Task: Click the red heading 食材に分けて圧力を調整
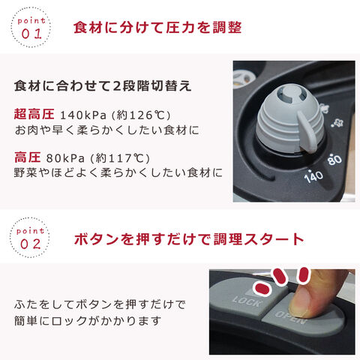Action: [x=157, y=28]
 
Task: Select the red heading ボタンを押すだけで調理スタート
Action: [x=189, y=239]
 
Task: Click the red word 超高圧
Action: [x=34, y=114]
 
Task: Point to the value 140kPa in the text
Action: [x=83, y=115]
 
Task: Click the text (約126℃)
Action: [x=141, y=115]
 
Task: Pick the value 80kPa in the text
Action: [x=65, y=158]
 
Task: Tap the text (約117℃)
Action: [x=120, y=158]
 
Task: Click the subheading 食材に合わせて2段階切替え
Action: [x=103, y=86]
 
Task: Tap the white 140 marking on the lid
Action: [x=313, y=175]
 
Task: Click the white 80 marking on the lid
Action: [x=335, y=160]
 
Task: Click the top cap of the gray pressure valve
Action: [x=292, y=94]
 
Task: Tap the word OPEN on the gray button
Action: [x=291, y=317]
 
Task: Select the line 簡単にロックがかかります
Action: [x=88, y=321]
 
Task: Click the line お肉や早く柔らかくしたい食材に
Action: [x=106, y=130]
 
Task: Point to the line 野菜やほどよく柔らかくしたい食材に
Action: [x=118, y=172]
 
